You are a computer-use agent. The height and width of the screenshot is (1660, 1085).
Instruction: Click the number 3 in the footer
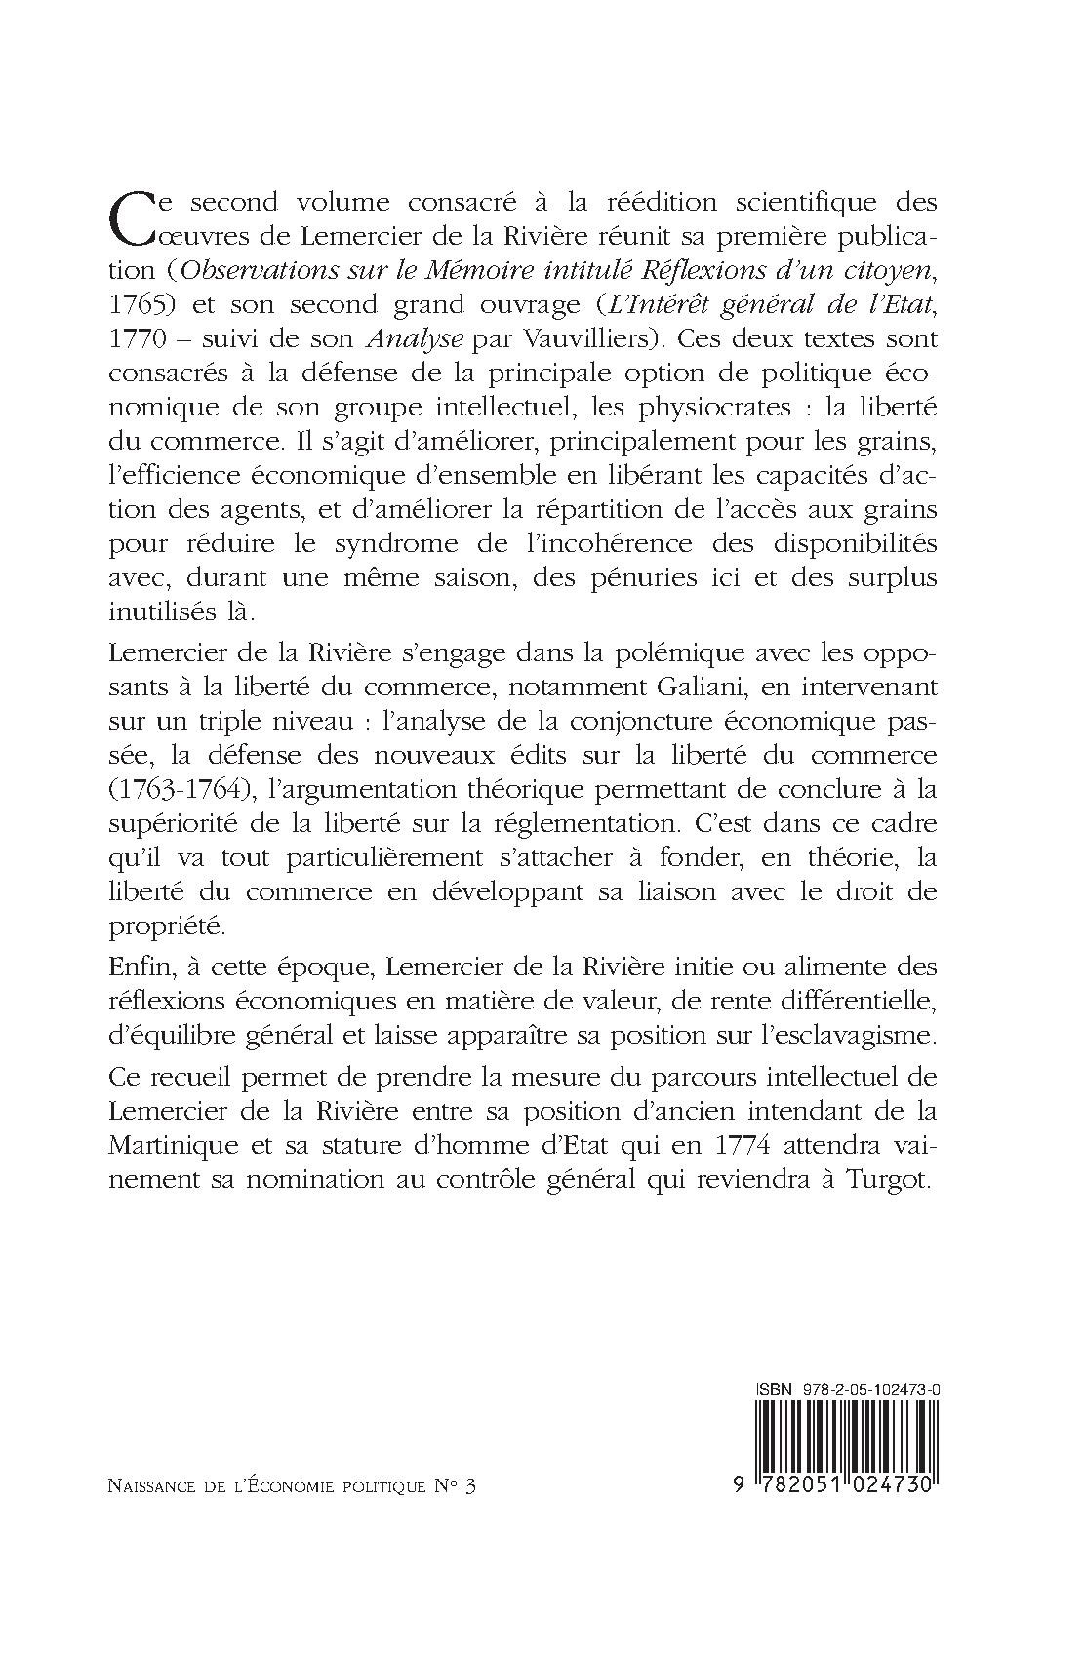472,1487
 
